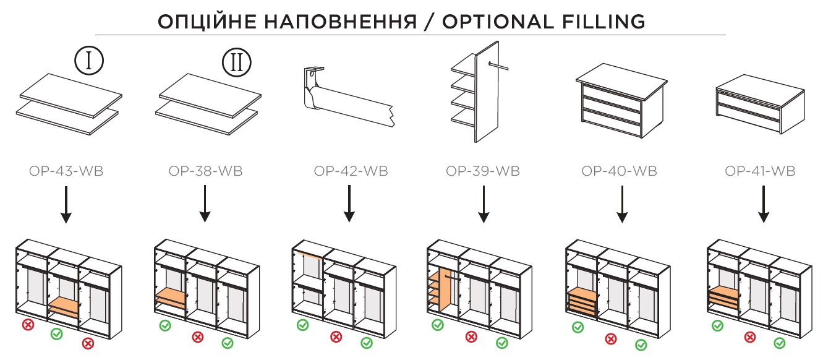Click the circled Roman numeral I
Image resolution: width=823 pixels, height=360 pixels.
tap(89, 61)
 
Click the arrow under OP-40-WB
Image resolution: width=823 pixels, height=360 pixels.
tap(622, 204)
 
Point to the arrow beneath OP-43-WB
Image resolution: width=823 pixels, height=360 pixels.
tap(66, 204)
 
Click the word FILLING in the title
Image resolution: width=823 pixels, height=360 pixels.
tap(593, 21)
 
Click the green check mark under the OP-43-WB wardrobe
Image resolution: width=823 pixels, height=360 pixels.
tap(56, 334)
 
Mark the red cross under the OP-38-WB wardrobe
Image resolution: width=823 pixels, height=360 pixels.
tap(197, 337)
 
